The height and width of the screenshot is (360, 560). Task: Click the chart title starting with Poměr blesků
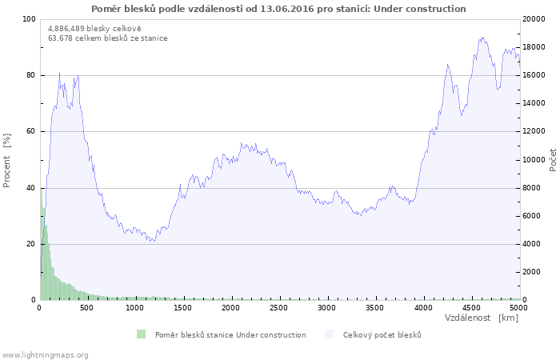278,8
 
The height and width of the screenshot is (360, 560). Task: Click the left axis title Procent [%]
7,160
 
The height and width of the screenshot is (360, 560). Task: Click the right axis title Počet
553,159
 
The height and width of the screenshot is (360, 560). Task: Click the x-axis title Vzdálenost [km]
481,318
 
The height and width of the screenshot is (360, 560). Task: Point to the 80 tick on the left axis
31,75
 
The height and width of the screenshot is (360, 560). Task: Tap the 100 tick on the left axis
29,19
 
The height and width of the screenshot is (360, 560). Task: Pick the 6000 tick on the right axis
534,216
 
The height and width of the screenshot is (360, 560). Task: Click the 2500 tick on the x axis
279,307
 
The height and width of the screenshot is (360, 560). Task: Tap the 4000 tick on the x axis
423,307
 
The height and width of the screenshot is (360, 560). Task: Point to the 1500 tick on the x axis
183,307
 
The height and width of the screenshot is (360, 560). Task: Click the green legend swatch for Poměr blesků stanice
141,334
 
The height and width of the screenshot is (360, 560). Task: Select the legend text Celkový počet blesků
382,334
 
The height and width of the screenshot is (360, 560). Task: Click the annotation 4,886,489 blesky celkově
94,28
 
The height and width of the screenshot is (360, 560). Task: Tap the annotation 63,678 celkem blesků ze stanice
108,38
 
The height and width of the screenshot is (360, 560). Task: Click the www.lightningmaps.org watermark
45,354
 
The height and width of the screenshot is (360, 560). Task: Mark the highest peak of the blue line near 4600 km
482,37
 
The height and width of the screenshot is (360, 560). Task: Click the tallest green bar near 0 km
41,190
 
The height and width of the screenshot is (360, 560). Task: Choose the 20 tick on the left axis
31,244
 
